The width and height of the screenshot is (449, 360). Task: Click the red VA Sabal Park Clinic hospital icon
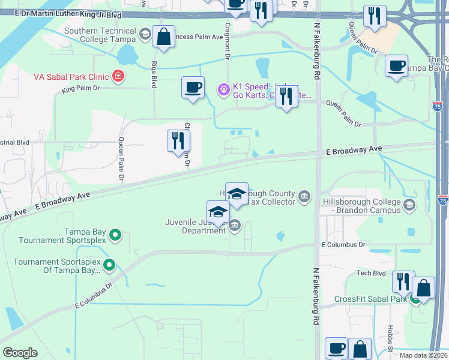pos(119,76)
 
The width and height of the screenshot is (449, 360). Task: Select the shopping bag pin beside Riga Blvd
pos(164,37)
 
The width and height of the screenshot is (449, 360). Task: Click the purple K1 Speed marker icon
pos(223,90)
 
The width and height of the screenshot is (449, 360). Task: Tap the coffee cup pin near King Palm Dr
pos(193,88)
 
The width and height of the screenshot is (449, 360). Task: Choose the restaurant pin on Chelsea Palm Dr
pos(178,140)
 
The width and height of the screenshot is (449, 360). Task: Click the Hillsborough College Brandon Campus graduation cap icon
pos(409,206)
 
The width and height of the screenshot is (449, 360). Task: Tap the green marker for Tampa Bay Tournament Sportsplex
pos(116,235)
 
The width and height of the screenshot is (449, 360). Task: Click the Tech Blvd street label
pos(370,273)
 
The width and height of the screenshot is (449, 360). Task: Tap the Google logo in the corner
pos(20,353)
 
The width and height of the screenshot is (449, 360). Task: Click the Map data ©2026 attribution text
pos(423,355)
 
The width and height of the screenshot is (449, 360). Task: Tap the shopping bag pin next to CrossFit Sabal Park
pos(423,288)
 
